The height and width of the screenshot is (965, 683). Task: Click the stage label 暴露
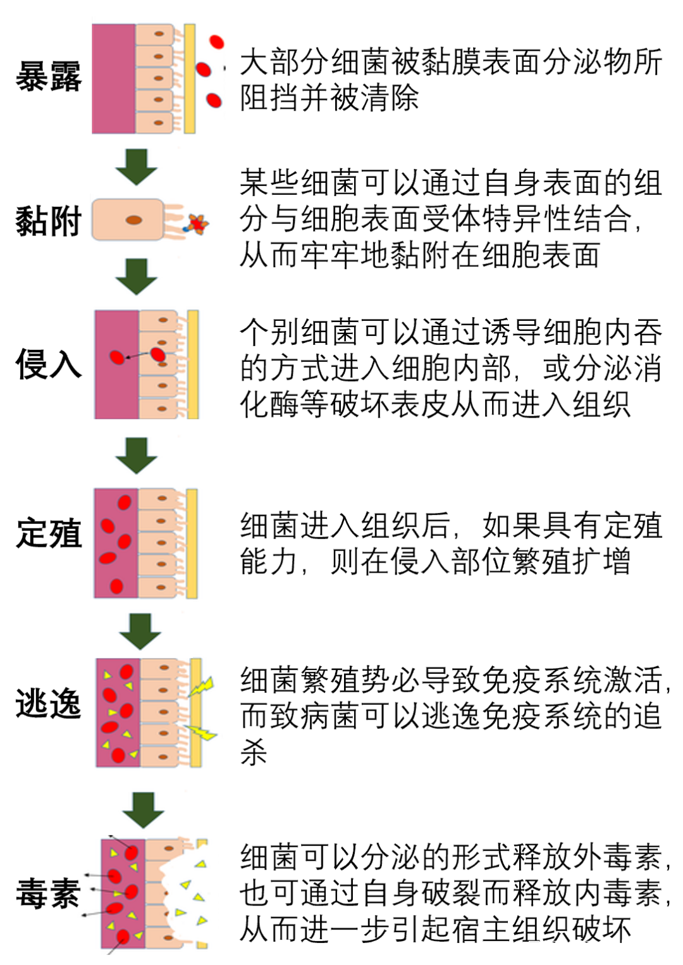click(x=49, y=77)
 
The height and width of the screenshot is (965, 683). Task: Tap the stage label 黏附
click(x=49, y=221)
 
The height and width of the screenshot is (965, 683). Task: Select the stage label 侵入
click(x=49, y=364)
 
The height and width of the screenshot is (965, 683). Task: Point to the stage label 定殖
click(x=49, y=533)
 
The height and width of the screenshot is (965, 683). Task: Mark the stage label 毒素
click(x=49, y=893)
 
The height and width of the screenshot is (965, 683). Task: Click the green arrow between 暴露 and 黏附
click(x=136, y=167)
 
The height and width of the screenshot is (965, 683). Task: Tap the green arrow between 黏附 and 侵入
click(x=136, y=277)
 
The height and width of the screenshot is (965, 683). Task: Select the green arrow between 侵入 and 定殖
click(x=136, y=455)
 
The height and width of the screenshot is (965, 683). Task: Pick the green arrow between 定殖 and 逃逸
click(x=140, y=631)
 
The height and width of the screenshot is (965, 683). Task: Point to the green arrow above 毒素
click(x=143, y=809)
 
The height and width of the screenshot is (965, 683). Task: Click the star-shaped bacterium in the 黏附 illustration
click(x=197, y=223)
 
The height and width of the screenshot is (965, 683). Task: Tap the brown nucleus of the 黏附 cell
click(x=134, y=220)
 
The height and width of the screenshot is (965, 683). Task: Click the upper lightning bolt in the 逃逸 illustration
click(x=202, y=686)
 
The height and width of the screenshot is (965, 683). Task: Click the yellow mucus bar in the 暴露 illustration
click(x=190, y=78)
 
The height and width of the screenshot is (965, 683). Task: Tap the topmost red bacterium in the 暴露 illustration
click(x=217, y=42)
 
